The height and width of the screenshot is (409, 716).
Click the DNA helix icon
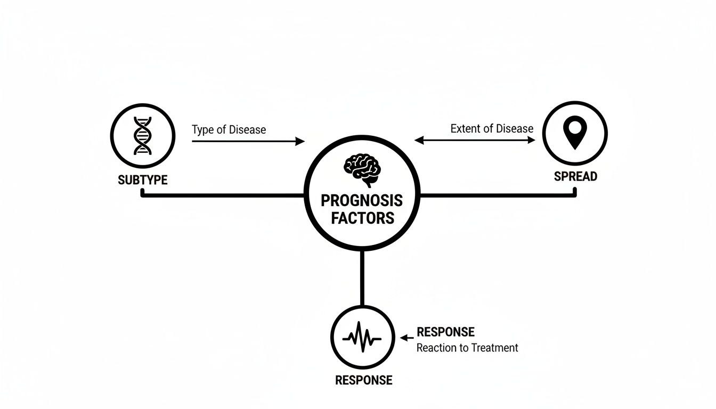pos(142,135)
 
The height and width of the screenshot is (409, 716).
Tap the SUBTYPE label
pos(142,180)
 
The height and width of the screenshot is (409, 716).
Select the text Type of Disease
pos(229,129)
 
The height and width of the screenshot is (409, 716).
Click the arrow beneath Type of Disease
pos(248,142)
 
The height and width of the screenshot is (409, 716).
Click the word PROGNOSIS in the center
pos(362,201)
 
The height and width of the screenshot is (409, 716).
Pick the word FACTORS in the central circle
pos(362,218)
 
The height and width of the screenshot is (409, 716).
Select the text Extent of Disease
pos(491,128)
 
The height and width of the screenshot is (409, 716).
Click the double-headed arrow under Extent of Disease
pos(475,140)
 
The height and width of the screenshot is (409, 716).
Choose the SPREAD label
pos(575,176)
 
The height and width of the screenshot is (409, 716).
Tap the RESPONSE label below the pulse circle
pos(363,380)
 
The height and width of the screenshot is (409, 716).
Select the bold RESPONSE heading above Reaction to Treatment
pos(445,332)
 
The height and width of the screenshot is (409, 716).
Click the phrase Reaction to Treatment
pos(467,348)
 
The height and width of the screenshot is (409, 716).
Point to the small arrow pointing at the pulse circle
pos(406,338)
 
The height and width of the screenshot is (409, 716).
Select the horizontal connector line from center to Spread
pos(498,195)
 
